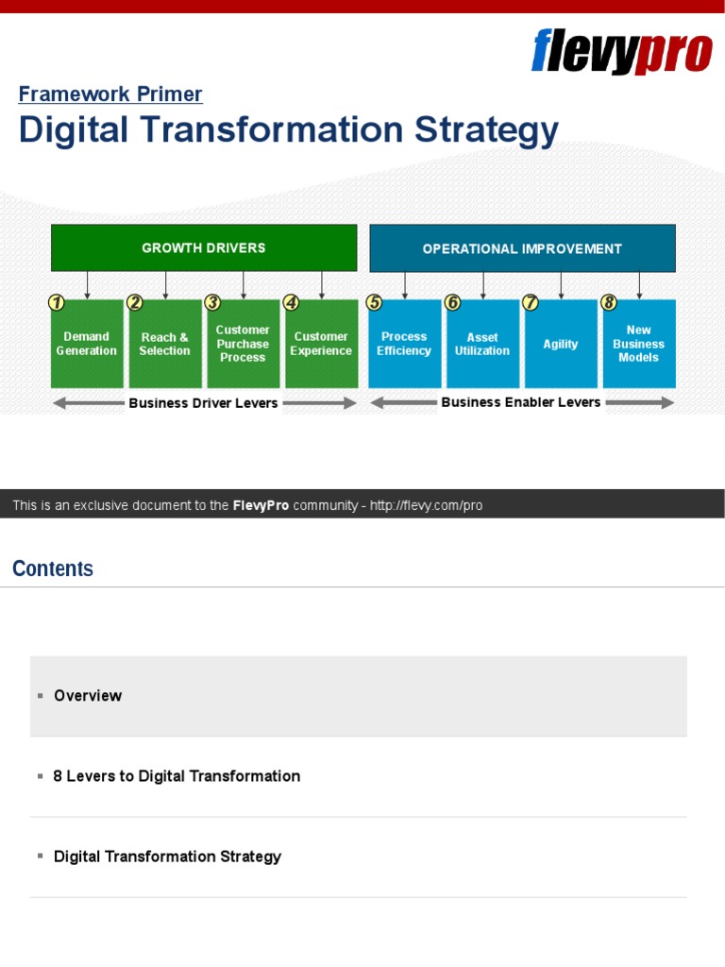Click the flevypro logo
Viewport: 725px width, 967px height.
(x=621, y=51)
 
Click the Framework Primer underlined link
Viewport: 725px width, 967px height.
(x=110, y=94)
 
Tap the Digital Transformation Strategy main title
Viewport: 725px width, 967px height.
(x=288, y=130)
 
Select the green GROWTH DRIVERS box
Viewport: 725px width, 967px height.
(x=204, y=248)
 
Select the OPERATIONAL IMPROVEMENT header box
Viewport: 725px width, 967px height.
(x=522, y=248)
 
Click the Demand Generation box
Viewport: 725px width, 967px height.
(x=87, y=344)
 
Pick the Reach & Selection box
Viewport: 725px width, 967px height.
(x=165, y=344)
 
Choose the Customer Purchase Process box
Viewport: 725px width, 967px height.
(x=244, y=344)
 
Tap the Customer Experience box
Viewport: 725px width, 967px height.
(x=321, y=344)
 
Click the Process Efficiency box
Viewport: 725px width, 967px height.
(x=404, y=344)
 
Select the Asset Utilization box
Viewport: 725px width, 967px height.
(x=482, y=344)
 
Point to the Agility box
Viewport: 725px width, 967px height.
(x=561, y=344)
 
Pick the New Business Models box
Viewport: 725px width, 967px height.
(x=639, y=344)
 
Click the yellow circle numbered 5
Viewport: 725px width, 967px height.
(x=375, y=303)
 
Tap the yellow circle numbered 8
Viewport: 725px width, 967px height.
(x=609, y=303)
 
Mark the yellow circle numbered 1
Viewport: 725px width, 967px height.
(x=57, y=303)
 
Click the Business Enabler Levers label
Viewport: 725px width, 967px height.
(x=521, y=402)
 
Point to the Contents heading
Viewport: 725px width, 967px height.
(x=53, y=568)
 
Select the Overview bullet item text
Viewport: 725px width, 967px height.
(x=88, y=696)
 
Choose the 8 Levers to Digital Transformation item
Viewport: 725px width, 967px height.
(x=177, y=776)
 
